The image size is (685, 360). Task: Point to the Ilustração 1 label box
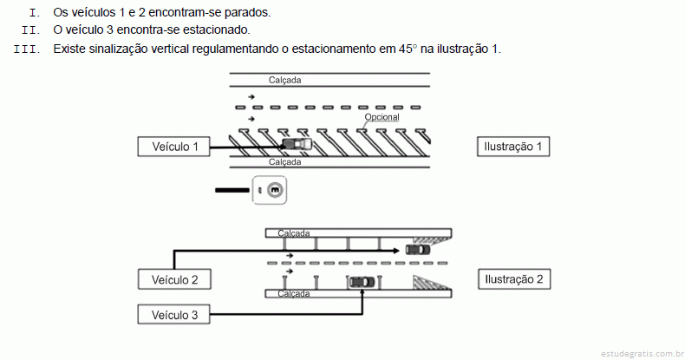pos(514,147)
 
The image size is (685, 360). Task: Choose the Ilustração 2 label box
pos(514,279)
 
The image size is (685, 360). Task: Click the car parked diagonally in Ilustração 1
pos(295,144)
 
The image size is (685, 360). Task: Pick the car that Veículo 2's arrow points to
pos(417,250)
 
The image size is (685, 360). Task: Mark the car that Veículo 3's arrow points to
pos(362,281)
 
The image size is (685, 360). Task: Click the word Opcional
pos(382,117)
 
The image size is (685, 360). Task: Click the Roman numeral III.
pos(28,49)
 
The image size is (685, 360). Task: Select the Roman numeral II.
pos(32,31)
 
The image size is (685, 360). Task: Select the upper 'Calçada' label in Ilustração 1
pos(285,80)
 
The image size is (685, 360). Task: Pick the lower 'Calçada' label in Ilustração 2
pos(294,294)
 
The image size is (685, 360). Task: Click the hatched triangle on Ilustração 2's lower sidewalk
pos(427,282)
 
